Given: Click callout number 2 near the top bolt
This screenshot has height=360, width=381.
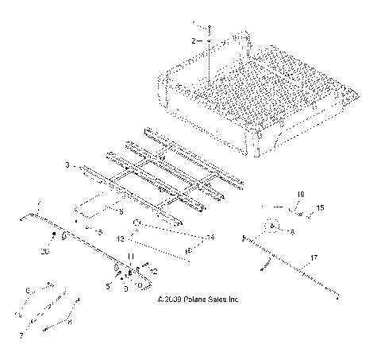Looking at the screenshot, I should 190,38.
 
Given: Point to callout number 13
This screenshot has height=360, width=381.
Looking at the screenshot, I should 121,238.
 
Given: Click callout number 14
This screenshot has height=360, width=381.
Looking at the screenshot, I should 210,238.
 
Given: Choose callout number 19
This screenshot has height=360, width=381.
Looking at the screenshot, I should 300,194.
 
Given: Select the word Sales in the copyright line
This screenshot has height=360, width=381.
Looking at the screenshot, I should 220,300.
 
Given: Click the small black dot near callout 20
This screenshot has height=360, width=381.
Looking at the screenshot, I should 54,236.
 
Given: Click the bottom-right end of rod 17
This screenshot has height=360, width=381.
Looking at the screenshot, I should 340,298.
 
